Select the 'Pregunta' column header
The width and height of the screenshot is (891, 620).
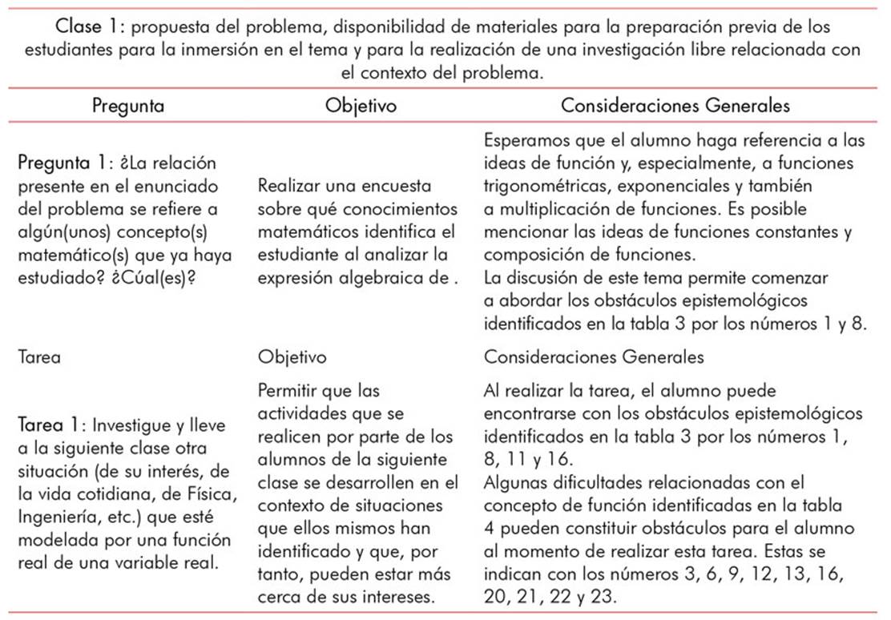128,106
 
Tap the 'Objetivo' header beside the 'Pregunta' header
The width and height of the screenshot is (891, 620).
361,106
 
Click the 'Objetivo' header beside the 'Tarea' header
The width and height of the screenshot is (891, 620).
292,357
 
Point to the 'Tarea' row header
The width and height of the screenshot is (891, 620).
38,357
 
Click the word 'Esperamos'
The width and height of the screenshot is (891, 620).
525,140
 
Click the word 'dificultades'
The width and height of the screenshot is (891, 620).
589,484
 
